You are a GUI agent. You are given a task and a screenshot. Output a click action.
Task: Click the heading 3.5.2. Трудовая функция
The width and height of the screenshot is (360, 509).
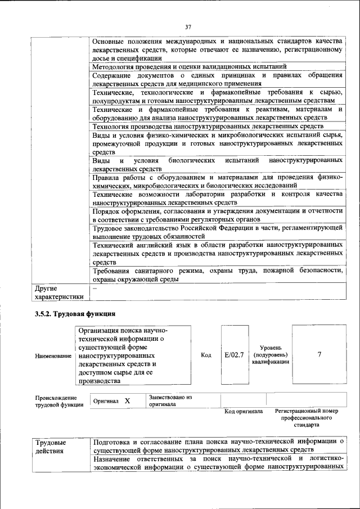(x=75, y=313)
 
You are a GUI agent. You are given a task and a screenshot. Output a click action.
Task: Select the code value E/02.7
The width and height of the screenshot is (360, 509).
(x=233, y=355)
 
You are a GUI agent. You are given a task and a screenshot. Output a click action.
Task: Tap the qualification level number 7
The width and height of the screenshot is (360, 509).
(x=319, y=355)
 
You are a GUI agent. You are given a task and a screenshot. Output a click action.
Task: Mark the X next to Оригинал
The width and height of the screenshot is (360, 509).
(x=127, y=401)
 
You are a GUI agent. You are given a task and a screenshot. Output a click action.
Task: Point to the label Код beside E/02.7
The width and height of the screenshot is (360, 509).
(x=206, y=355)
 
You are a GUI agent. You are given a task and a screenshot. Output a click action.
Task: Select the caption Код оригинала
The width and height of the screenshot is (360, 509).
(x=244, y=412)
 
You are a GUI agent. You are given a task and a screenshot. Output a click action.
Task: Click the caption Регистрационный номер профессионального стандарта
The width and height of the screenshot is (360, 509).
(x=307, y=418)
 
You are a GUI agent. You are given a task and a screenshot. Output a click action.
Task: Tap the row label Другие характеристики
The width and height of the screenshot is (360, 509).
(x=58, y=292)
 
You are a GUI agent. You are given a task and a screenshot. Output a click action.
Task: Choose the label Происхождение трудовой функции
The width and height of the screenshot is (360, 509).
(x=56, y=401)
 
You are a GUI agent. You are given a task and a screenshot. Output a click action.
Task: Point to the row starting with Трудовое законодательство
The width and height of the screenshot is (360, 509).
(x=217, y=232)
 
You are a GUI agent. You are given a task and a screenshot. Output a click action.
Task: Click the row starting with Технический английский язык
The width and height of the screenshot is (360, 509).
(x=217, y=254)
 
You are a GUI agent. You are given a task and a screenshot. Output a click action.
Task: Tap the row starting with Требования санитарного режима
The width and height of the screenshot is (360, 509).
(x=217, y=275)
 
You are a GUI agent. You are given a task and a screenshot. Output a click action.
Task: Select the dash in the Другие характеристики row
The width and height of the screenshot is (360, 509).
(x=94, y=288)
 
